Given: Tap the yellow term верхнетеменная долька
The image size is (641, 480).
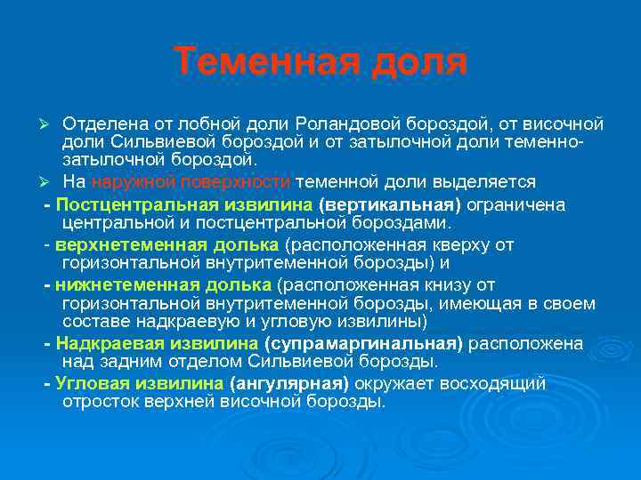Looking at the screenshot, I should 166,244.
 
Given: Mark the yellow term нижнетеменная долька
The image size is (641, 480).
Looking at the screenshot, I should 163,284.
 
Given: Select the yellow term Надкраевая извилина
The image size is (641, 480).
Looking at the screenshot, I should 157,344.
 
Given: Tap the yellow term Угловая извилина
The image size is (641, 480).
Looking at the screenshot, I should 139,384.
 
